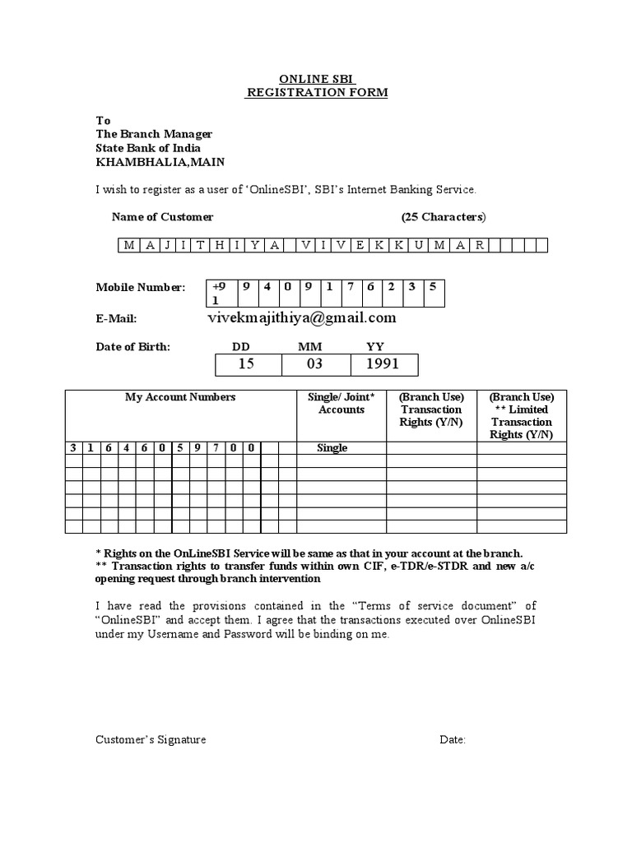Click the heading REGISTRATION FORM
(x=317, y=93)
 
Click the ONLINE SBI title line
(x=317, y=79)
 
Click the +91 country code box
(x=221, y=293)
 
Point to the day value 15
(x=247, y=363)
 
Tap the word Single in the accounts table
(x=332, y=448)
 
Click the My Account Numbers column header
(x=180, y=397)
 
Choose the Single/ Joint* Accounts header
(x=341, y=403)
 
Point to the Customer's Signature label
(x=151, y=740)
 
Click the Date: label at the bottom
(x=453, y=740)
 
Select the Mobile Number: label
(x=141, y=288)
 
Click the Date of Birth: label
(x=133, y=347)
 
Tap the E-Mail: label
(x=116, y=319)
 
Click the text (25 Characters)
(x=444, y=217)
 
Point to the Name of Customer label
(x=162, y=217)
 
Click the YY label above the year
(x=374, y=347)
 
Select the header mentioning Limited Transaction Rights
(x=522, y=415)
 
